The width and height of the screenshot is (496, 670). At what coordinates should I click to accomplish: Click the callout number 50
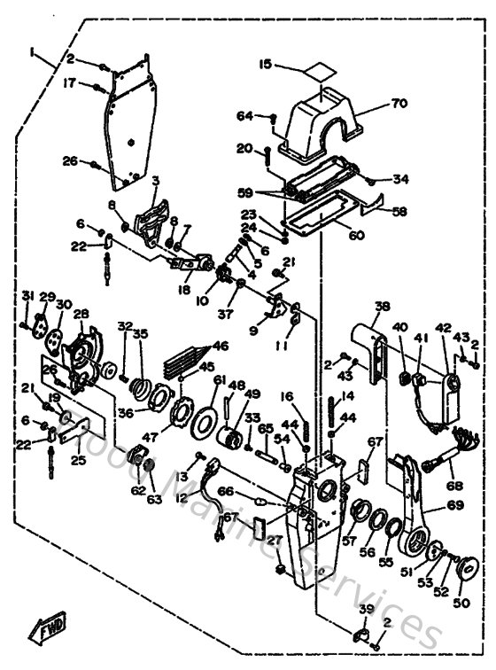461,602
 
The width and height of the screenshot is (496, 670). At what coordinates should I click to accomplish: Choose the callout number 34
401,179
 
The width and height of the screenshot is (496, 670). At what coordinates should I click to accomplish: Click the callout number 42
442,328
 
